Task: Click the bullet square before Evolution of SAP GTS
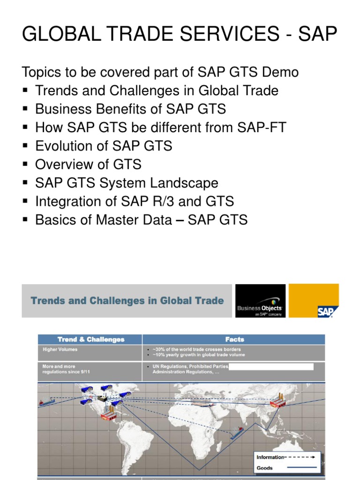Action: coord(26,146)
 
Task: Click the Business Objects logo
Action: coord(260,301)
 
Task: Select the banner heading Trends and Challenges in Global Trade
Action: coord(127,300)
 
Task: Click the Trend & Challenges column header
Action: coord(91,339)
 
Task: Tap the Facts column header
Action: coord(234,339)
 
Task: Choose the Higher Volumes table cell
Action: coord(60,349)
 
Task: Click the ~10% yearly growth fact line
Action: coord(199,355)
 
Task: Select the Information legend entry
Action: coord(270,457)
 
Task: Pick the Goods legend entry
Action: coord(265,467)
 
